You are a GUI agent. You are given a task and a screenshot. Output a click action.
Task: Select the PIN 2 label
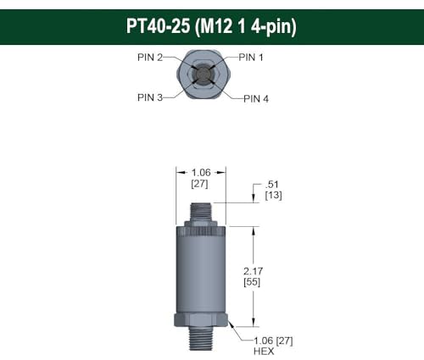(150, 58)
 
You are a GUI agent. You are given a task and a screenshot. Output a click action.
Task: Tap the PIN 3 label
(151, 97)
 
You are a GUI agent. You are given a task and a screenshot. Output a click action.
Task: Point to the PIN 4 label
(256, 98)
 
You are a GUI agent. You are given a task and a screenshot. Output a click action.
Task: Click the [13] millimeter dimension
(273, 196)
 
